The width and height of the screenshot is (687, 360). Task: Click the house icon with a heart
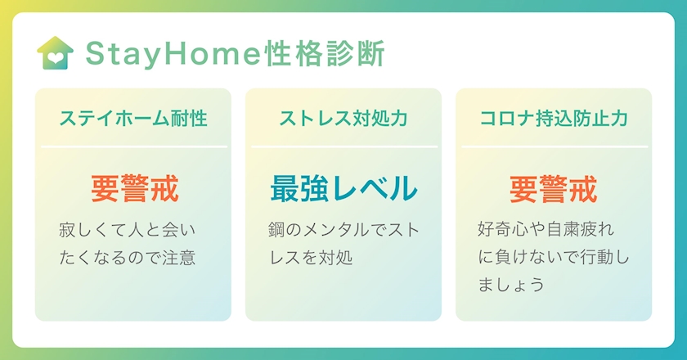56,53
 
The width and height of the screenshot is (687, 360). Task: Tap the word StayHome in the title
173,54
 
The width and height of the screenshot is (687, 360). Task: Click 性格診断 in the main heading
325,53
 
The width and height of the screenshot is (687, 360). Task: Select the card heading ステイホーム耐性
133,119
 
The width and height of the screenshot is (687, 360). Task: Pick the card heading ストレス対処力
343,119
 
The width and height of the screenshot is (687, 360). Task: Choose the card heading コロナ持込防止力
554,119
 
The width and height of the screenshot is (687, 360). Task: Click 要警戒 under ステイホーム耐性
135,189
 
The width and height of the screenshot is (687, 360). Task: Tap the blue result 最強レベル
343,189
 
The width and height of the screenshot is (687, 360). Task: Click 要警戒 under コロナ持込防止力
554,189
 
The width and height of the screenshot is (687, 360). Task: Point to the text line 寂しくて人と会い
127,230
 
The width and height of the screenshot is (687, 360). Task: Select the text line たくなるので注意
127,258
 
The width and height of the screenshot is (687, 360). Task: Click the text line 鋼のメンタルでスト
344,230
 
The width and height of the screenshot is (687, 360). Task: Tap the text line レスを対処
311,258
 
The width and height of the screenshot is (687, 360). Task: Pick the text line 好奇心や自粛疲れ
546,229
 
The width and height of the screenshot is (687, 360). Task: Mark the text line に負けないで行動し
554,257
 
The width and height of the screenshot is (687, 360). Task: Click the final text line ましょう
511,285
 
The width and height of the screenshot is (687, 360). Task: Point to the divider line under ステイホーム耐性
134,146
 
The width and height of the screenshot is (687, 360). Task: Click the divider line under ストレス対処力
344,146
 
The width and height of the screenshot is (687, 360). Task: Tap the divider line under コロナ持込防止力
555,146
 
